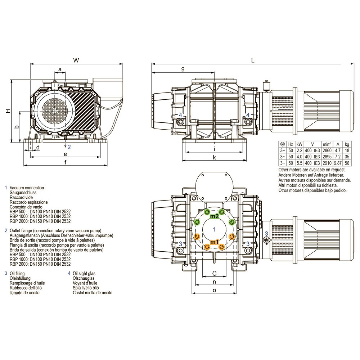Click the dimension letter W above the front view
click(x=76, y=60)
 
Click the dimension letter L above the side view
click(x=253, y=60)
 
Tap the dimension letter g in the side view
click(x=183, y=68)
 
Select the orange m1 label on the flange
click(x=214, y=242)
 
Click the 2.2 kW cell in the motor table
click(x=299, y=150)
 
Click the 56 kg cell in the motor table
click(x=347, y=163)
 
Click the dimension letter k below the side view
click(x=214, y=157)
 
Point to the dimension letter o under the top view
click(x=214, y=290)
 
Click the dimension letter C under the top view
click(x=214, y=273)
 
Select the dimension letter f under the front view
click(x=65, y=162)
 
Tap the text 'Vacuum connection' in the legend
click(x=27, y=188)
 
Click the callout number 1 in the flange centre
click(x=215, y=229)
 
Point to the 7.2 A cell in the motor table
click(x=338, y=157)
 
